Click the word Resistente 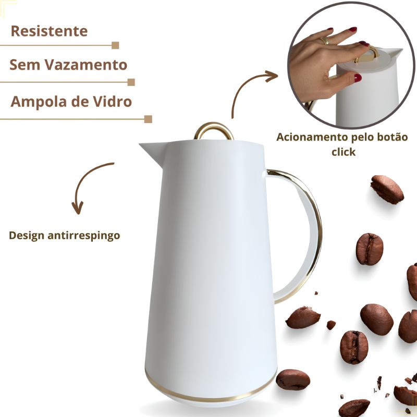pos(49,31)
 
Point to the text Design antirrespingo pos(64,236)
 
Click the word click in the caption pos(344,152)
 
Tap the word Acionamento pos(312,138)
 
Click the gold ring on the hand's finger pos(325,41)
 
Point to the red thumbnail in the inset pos(358,78)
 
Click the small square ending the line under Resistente pos(115,45)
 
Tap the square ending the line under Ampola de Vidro pos(148,119)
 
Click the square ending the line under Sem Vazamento pos(131,82)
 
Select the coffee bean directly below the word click pos(387,189)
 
